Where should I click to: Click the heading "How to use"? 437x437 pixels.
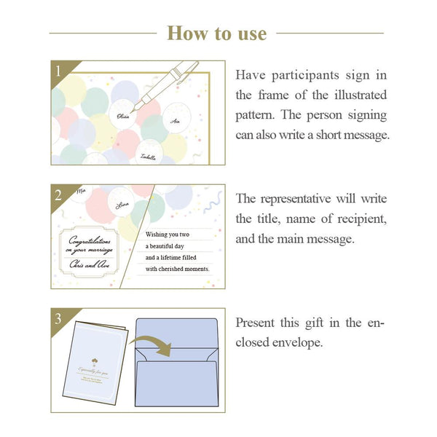click(217, 33)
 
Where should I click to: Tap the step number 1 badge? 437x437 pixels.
click(58, 71)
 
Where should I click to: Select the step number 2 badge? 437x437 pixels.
click(58, 194)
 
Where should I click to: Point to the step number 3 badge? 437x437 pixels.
click(58, 318)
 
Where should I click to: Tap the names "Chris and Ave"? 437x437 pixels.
click(91, 265)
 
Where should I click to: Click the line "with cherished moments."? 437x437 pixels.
click(178, 269)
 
